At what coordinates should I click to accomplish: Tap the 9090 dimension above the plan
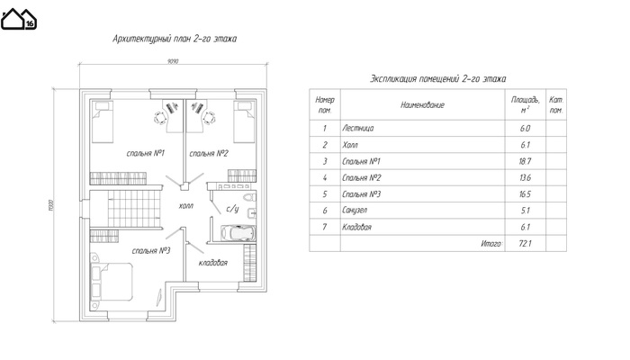173,62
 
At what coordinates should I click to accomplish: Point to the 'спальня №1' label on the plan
145,154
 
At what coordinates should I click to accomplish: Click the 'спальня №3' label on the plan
151,250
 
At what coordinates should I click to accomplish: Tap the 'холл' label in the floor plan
187,205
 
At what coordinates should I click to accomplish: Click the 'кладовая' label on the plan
212,263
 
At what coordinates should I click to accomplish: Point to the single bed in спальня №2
244,121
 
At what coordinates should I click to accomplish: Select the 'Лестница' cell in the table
358,129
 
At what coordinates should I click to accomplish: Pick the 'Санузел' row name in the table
357,211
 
